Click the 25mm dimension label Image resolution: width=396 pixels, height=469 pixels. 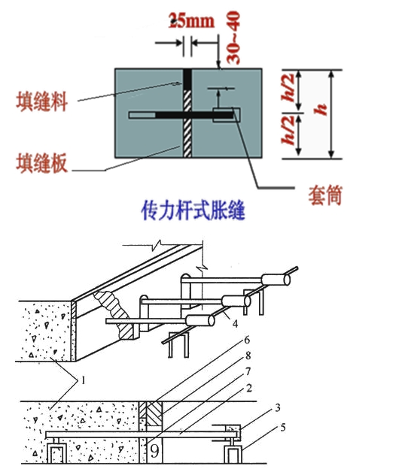tap(189, 21)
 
